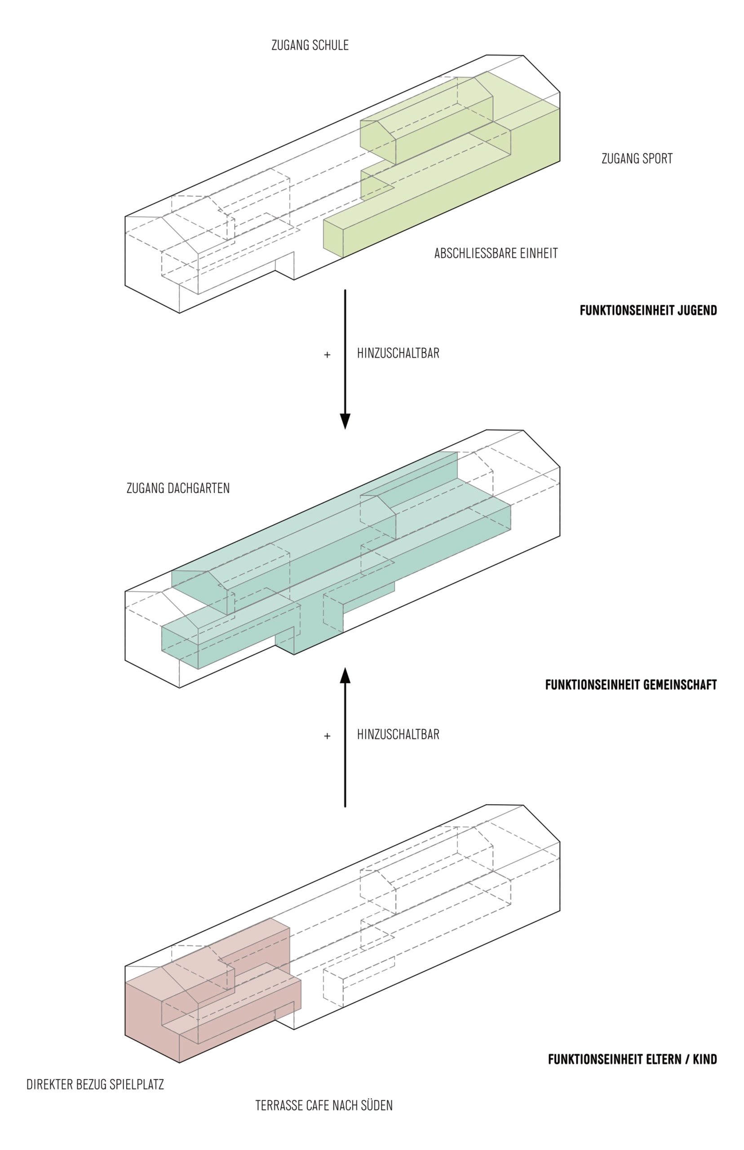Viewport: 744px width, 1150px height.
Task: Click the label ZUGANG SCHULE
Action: (310, 45)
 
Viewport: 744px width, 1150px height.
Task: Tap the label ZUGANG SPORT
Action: (637, 159)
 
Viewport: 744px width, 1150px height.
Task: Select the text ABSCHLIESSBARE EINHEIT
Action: (496, 253)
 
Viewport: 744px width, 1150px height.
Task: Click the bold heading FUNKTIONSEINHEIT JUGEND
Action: (648, 310)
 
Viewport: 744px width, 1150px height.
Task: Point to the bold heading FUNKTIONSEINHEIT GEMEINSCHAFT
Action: (630, 685)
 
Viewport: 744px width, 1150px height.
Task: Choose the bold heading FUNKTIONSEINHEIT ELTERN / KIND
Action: (632, 1059)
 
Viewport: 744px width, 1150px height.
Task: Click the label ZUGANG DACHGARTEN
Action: (178, 488)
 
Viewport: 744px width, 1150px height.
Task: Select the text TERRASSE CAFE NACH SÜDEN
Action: (323, 1105)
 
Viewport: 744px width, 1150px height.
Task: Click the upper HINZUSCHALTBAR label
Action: (398, 353)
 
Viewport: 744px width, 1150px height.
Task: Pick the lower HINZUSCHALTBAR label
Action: (398, 734)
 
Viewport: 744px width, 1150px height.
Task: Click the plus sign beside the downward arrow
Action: (327, 355)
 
